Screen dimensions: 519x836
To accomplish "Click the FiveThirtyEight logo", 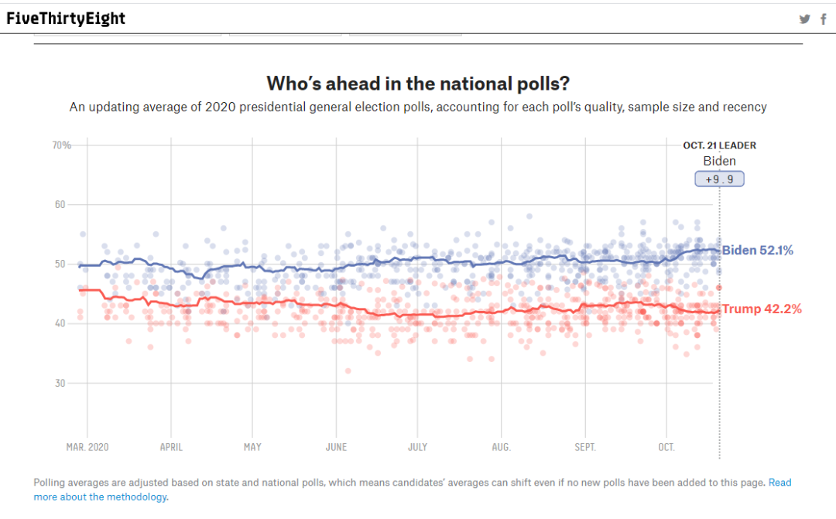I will (x=66, y=19).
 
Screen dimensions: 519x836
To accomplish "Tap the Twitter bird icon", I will (x=805, y=19).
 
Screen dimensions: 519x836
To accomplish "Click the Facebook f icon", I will (x=824, y=19).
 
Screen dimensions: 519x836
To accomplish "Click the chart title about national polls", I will (x=418, y=83).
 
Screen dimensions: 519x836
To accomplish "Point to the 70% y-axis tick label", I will (x=61, y=145).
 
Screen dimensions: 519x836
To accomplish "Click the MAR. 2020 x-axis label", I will (x=87, y=447).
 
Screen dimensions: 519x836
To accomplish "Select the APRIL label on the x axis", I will (x=170, y=447).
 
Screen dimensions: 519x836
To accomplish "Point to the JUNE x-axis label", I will (x=336, y=447).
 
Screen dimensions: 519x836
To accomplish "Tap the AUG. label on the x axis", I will (x=501, y=447).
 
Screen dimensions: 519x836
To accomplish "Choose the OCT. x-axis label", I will (x=666, y=447).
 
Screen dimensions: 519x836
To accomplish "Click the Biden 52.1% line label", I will (x=757, y=251).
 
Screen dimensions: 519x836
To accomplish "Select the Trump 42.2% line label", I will (x=762, y=309).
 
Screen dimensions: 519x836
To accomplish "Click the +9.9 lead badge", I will (x=719, y=179).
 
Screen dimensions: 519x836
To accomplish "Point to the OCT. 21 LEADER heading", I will (x=719, y=145).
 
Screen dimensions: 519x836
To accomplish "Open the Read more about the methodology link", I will (x=101, y=497).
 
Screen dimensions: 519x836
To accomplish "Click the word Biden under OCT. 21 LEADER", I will (x=719, y=161).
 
